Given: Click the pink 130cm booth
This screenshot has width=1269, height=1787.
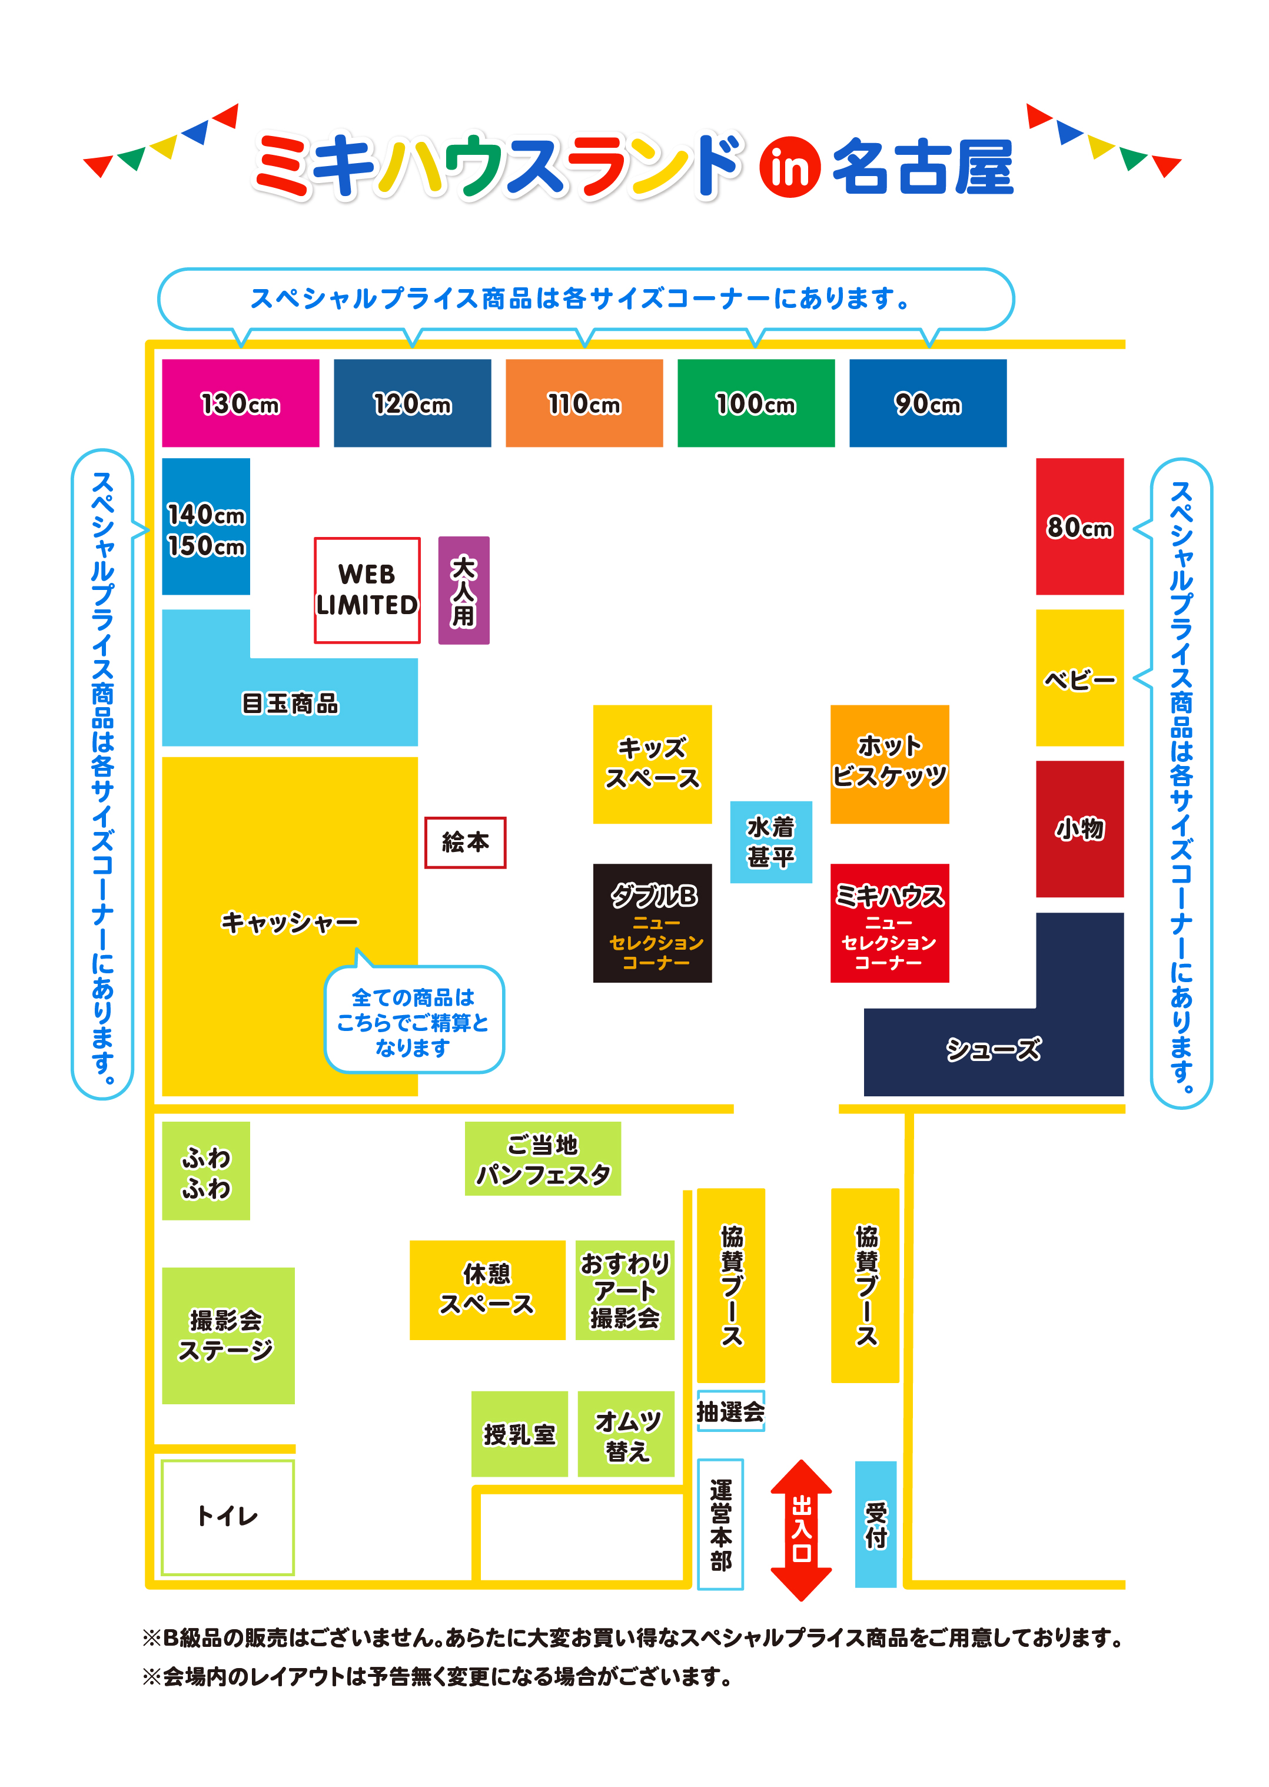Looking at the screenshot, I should [240, 403].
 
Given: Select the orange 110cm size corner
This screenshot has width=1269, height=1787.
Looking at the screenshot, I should [584, 403].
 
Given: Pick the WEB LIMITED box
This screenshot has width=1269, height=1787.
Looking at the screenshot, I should [367, 590].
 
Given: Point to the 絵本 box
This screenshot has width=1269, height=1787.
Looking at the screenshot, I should [465, 842].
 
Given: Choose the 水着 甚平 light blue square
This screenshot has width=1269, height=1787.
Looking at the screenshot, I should [770, 842].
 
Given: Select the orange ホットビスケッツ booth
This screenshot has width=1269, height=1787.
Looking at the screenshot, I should [889, 764].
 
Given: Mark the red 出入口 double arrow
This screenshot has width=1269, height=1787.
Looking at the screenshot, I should [801, 1530].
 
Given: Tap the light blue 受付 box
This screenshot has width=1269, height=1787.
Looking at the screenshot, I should [875, 1524].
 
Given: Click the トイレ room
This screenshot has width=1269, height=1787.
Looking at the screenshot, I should [227, 1517].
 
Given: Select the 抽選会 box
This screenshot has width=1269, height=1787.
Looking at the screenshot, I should [730, 1411].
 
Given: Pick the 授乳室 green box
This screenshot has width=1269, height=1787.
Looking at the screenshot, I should [519, 1434].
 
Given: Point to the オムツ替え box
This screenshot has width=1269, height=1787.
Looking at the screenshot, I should [626, 1434].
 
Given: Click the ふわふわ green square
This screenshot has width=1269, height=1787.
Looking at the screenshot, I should [205, 1170].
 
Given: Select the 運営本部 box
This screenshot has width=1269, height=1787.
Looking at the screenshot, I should [720, 1524].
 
